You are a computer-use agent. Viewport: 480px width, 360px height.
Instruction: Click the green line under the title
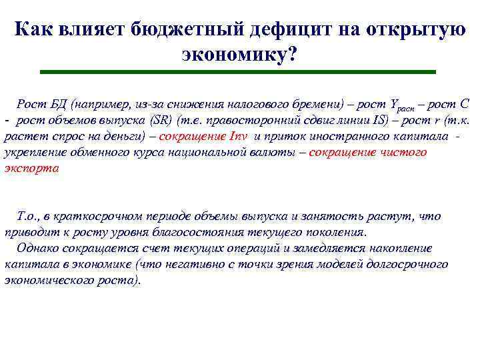[x=237, y=71]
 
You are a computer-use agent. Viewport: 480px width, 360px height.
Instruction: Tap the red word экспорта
[x=31, y=169]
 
